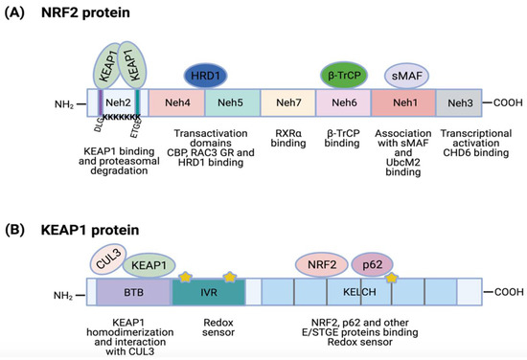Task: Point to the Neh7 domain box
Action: pos(286,102)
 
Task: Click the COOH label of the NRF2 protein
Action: pos(502,102)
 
